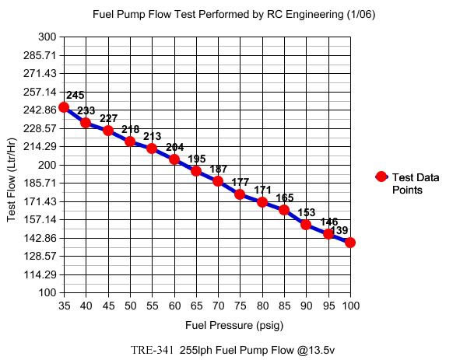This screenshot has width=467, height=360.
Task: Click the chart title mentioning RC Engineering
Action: pyautogui.click(x=233, y=14)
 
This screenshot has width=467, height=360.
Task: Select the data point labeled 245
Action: pyautogui.click(x=64, y=107)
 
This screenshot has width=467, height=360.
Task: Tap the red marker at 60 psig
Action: pyautogui.click(x=174, y=159)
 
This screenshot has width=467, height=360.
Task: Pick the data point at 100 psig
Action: pyautogui.click(x=350, y=243)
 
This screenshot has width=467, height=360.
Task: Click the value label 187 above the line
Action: pyautogui.click(x=219, y=170)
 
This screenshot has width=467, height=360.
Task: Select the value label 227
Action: pyautogui.click(x=109, y=119)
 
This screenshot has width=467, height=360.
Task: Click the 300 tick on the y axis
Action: pyautogui.click(x=47, y=37)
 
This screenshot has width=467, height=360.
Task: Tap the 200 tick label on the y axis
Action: pyautogui.click(x=47, y=165)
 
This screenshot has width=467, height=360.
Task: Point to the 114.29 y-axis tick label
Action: pyautogui.click(x=41, y=274)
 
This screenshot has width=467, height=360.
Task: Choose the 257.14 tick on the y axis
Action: pyautogui.click(x=41, y=92)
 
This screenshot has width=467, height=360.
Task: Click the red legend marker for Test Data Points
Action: pyautogui.click(x=381, y=177)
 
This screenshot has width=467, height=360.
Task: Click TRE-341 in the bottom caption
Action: pyautogui.click(x=153, y=350)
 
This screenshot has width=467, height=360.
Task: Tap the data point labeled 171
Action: pyautogui.click(x=262, y=202)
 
